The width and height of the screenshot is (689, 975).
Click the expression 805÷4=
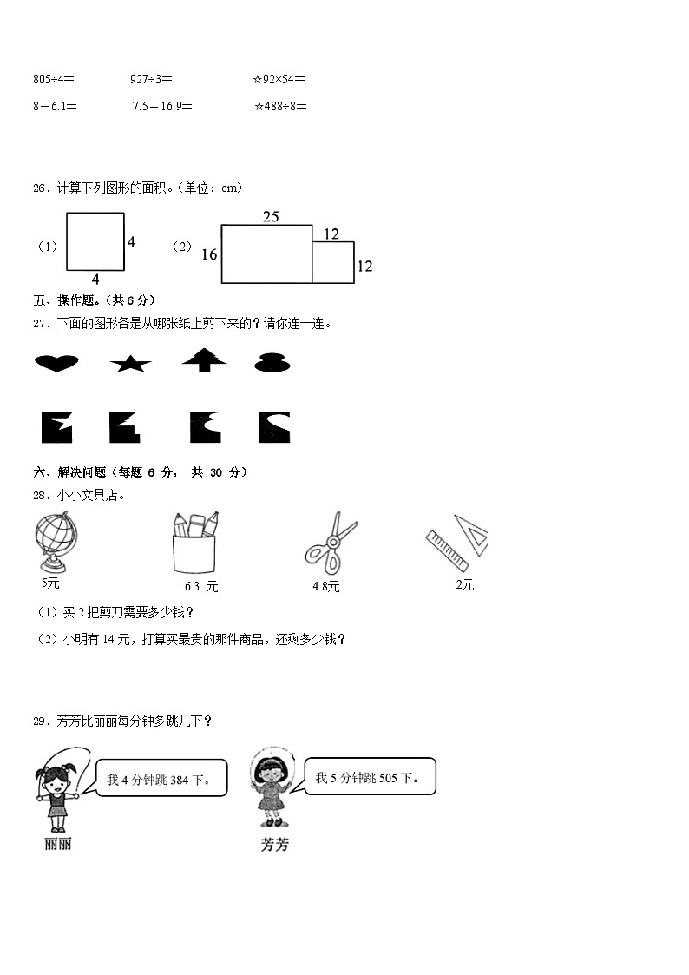tap(54, 79)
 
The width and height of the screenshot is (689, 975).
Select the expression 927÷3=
tap(151, 79)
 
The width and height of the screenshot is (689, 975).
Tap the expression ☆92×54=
tap(279, 79)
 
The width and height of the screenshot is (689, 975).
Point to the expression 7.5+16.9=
tap(162, 106)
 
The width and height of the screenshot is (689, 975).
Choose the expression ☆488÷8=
tap(280, 106)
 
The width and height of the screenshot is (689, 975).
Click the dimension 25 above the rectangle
tap(271, 217)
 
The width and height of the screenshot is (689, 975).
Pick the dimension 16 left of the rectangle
tap(209, 254)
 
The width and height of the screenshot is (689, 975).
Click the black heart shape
tap(56, 363)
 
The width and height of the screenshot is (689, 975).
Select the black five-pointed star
tap(131, 364)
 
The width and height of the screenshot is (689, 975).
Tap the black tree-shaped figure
tap(204, 359)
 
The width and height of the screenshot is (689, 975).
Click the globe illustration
tap(55, 542)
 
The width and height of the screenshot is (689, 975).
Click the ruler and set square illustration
tap(457, 542)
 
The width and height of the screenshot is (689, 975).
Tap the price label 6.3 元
tap(201, 587)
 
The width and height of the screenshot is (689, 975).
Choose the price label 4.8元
tap(326, 587)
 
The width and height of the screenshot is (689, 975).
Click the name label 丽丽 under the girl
tap(57, 844)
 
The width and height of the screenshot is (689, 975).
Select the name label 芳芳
tap(274, 844)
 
